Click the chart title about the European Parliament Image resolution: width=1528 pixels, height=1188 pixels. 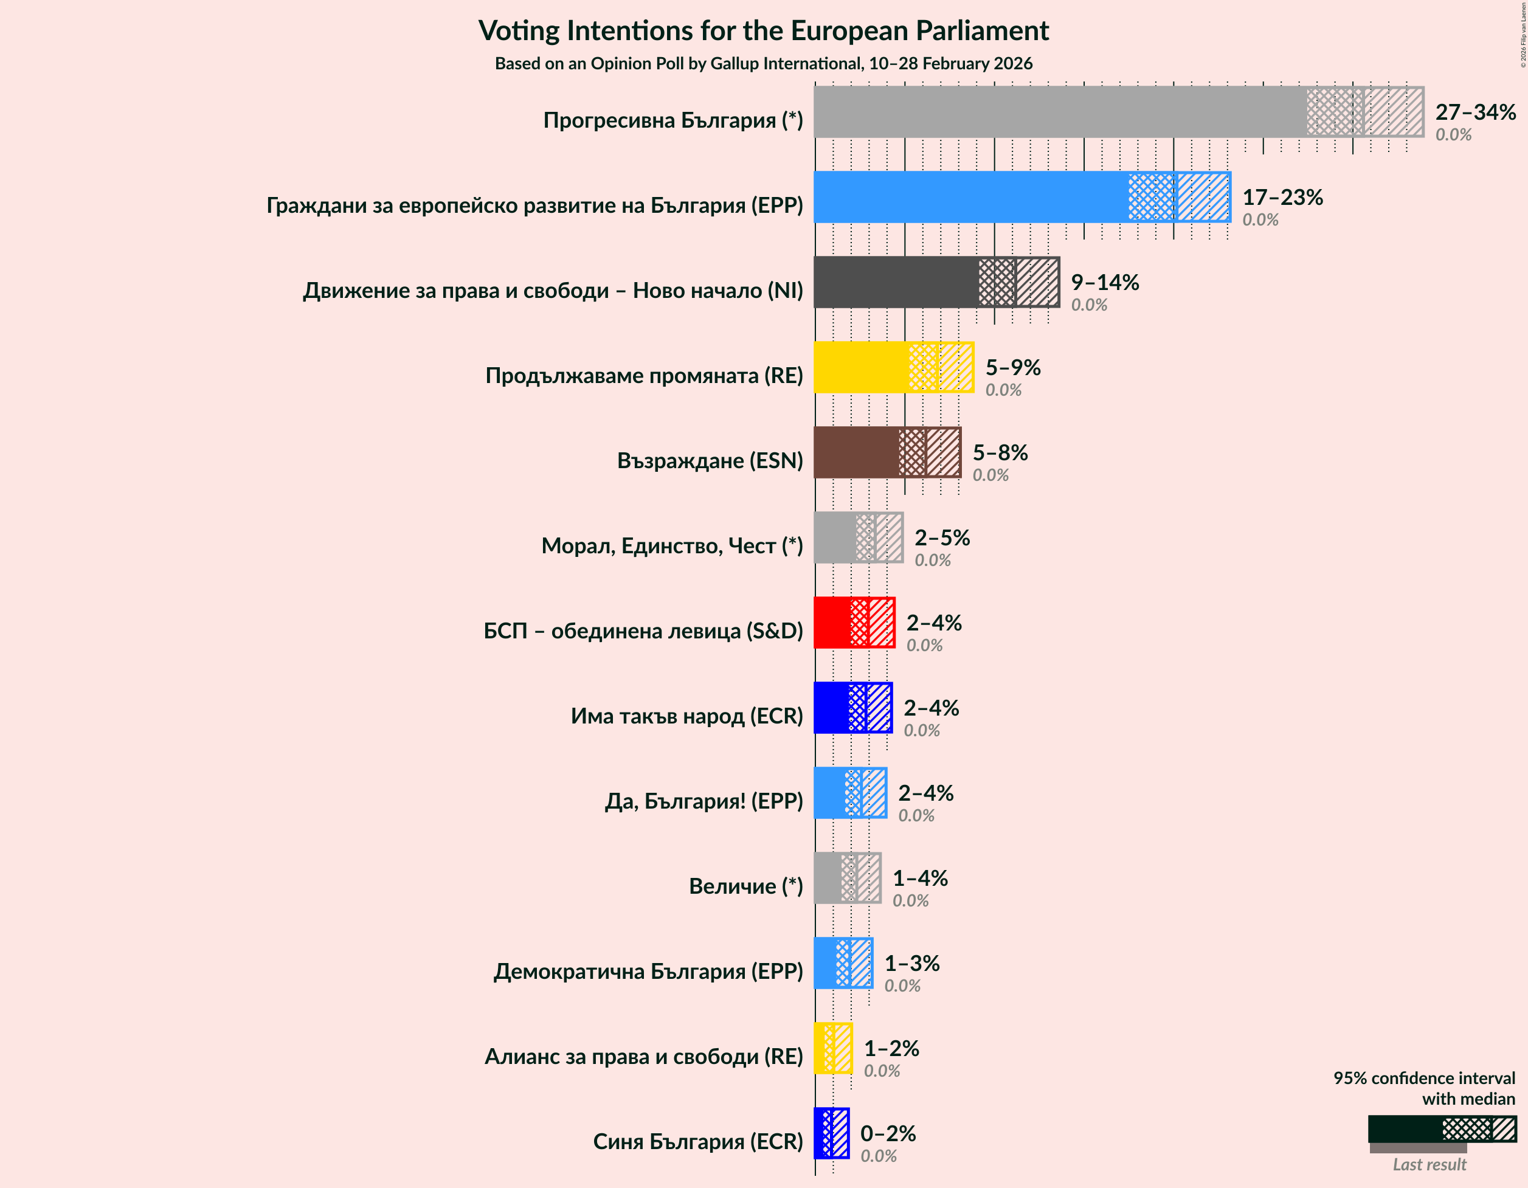763,31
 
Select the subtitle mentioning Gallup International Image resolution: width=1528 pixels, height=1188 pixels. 763,64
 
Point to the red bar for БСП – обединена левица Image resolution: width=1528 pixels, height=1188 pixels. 832,623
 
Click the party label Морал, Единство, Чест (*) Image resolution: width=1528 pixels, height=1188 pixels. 672,546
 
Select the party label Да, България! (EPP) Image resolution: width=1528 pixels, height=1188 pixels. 704,801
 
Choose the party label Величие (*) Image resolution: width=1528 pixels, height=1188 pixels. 746,886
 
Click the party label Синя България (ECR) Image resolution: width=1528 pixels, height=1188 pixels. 697,1142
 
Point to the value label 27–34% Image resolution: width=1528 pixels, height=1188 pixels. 1475,112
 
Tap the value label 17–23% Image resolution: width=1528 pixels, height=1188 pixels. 1282,198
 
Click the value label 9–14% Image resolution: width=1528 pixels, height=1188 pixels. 1105,282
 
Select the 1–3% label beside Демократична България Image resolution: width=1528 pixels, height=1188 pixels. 911,964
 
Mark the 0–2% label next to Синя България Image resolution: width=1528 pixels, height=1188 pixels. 888,1133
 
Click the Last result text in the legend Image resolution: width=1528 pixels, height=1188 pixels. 1429,1164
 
